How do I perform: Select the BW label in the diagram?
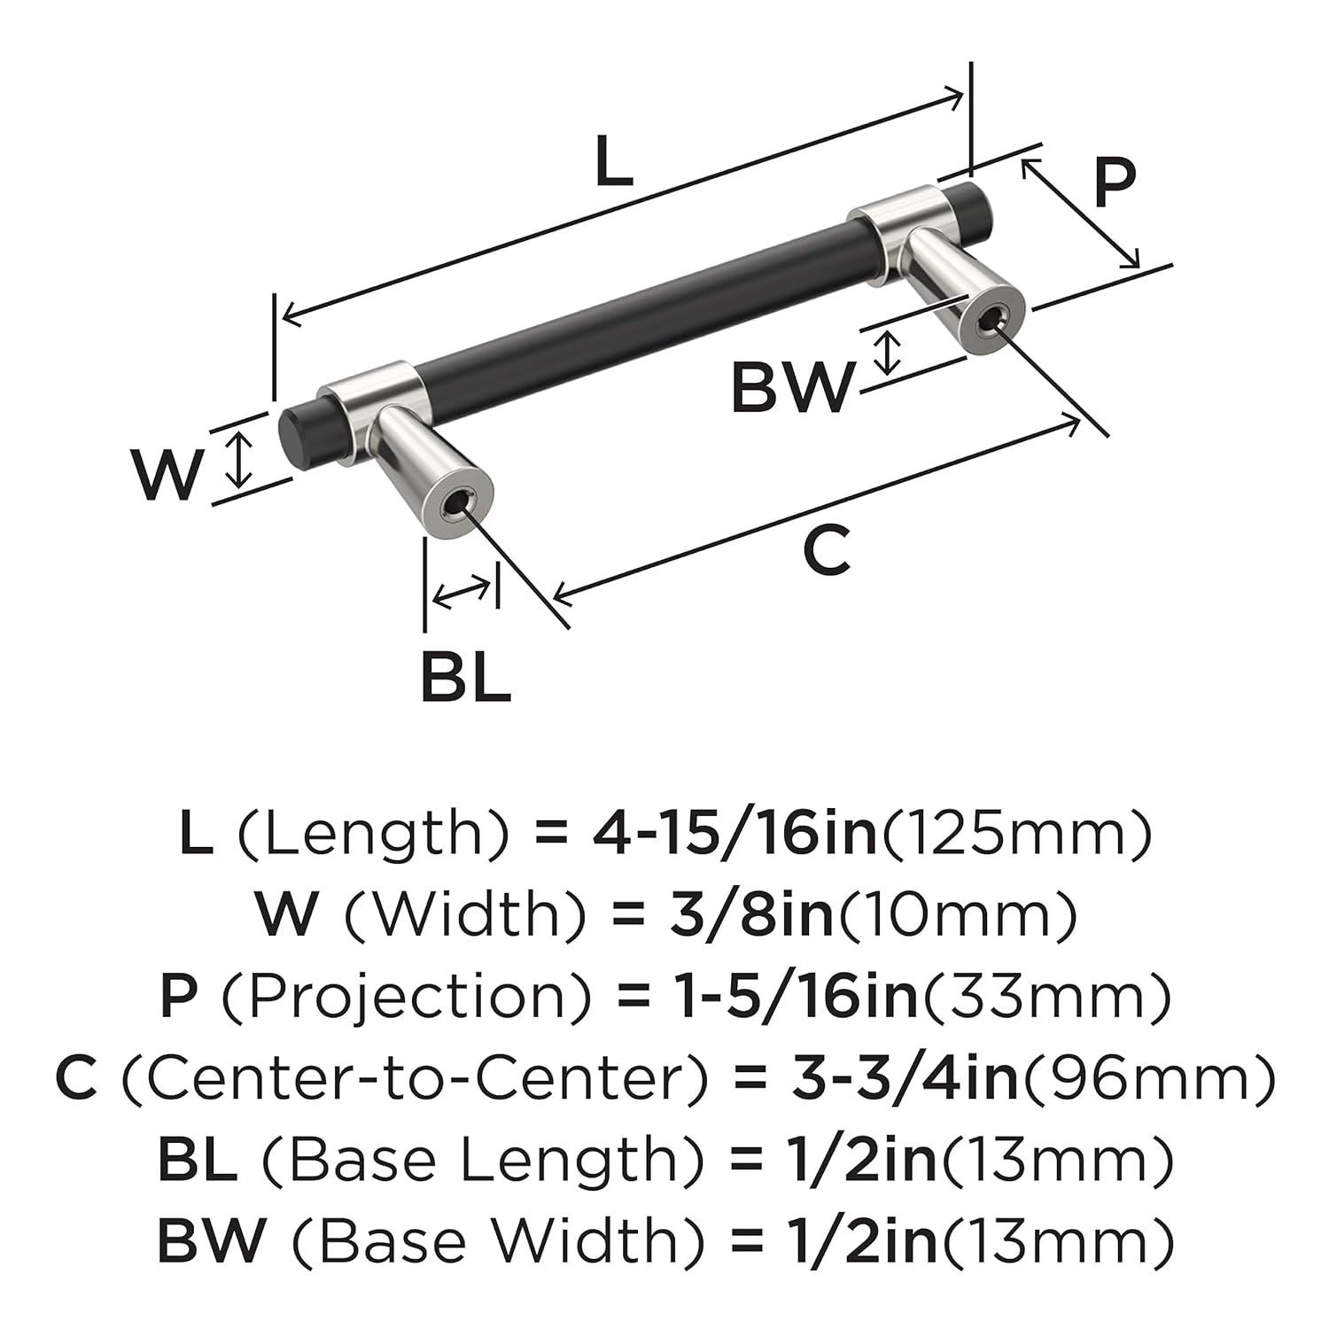pyautogui.click(x=793, y=387)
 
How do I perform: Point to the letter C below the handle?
pyautogui.click(x=826, y=549)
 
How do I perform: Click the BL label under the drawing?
pyautogui.click(x=464, y=676)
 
